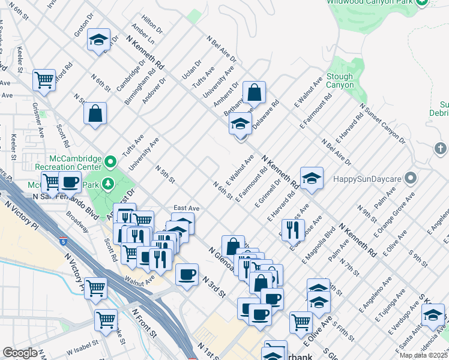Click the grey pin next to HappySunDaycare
point(411,178)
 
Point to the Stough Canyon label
point(340,81)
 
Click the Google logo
point(20,353)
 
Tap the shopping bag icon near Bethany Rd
point(255,93)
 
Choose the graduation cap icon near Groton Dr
point(98,40)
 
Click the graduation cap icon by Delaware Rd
point(240,125)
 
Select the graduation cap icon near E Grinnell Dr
point(312,178)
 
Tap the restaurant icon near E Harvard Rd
point(292,229)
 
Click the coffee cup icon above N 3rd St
point(187,275)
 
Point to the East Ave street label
point(186,208)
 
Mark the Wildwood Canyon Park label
point(369,3)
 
